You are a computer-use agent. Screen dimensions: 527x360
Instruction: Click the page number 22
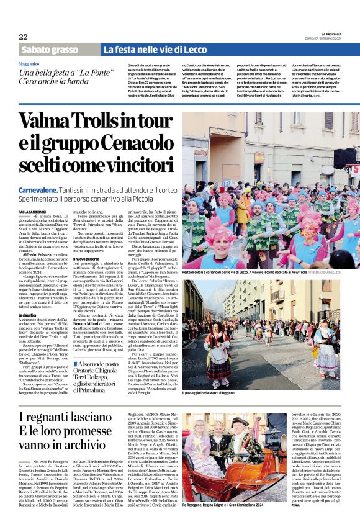click(23, 37)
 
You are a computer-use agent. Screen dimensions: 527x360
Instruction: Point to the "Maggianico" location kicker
click(32, 63)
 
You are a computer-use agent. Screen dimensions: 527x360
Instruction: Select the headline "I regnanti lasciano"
click(71, 417)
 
